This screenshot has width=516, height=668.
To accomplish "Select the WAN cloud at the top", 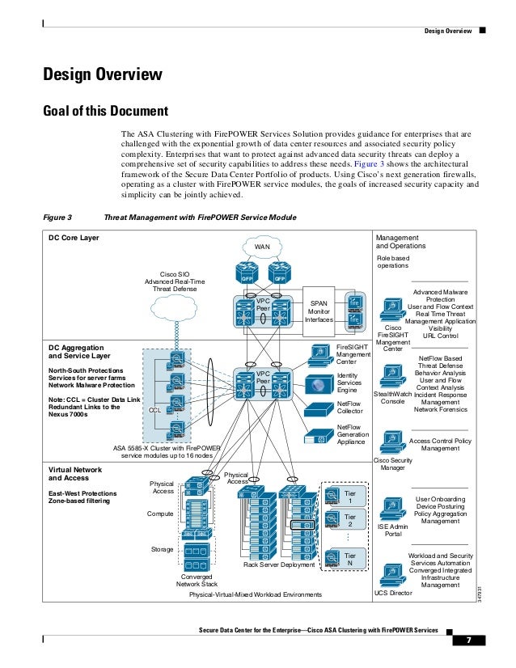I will click(x=262, y=245).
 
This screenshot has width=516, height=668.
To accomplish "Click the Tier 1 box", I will click(x=350, y=495).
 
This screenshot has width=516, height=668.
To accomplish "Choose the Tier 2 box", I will click(x=350, y=521).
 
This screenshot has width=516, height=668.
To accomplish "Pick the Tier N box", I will click(x=350, y=560).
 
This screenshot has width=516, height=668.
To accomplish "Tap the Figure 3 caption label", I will click(x=57, y=218).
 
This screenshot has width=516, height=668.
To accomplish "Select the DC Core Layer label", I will click(x=74, y=238).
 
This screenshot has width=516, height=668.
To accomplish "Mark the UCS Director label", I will click(x=393, y=594).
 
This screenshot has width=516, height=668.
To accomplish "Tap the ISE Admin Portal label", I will click(x=393, y=530).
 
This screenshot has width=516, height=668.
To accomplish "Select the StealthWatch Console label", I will click(x=393, y=397).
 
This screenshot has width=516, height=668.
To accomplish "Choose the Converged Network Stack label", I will click(x=197, y=580).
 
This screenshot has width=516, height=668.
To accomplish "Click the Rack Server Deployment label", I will click(x=279, y=565).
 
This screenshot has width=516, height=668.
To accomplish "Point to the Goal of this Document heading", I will click(x=105, y=111).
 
